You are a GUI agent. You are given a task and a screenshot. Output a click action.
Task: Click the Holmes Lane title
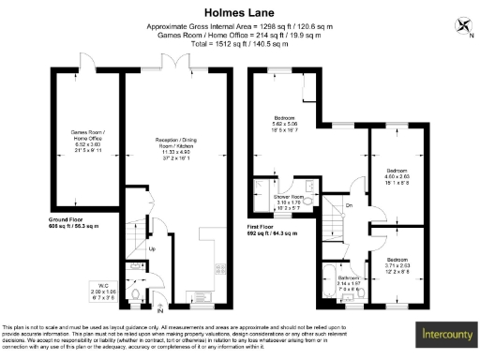pyautogui.click(x=239, y=13)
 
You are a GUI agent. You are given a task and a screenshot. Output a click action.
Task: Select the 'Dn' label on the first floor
pyautogui.click(x=348, y=205)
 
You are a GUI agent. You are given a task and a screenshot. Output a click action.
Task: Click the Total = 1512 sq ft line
pyautogui.click(x=239, y=44)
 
